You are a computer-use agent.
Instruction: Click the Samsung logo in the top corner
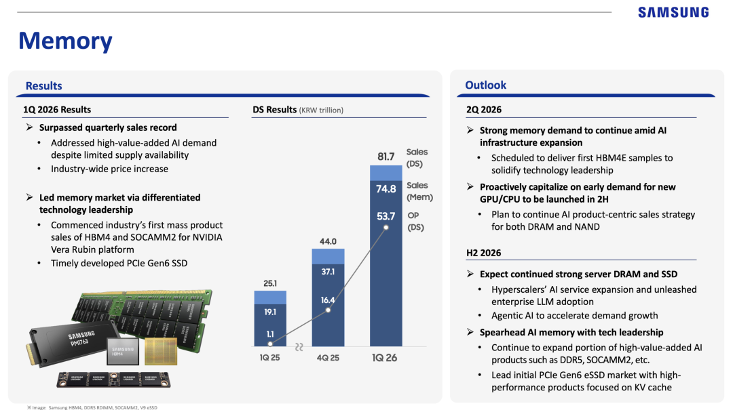tap(673, 12)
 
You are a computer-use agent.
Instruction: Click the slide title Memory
tap(65, 41)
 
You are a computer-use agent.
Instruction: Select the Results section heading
tap(43, 86)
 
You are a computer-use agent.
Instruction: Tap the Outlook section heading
tap(485, 85)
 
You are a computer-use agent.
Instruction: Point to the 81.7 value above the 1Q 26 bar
tap(386, 157)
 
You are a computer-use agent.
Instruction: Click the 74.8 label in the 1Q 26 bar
tap(386, 190)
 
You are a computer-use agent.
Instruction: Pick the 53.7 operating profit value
tap(386, 216)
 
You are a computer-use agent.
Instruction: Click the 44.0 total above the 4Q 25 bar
tap(328, 241)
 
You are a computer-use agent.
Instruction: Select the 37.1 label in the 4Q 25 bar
tap(328, 272)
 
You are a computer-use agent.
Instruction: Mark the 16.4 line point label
tap(328, 300)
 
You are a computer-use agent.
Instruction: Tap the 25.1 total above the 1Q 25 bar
tap(270, 283)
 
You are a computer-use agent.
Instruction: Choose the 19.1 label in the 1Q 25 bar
tap(270, 312)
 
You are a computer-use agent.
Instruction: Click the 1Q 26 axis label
tap(386, 357)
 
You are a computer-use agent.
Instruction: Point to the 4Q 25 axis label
tap(328, 357)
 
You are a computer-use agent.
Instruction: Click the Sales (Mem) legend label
tap(419, 191)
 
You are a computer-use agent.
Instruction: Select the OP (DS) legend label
tap(415, 222)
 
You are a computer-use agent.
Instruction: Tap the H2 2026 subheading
tap(483, 253)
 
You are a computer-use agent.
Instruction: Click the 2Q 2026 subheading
tap(483, 109)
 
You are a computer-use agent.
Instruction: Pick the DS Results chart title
tap(298, 110)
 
